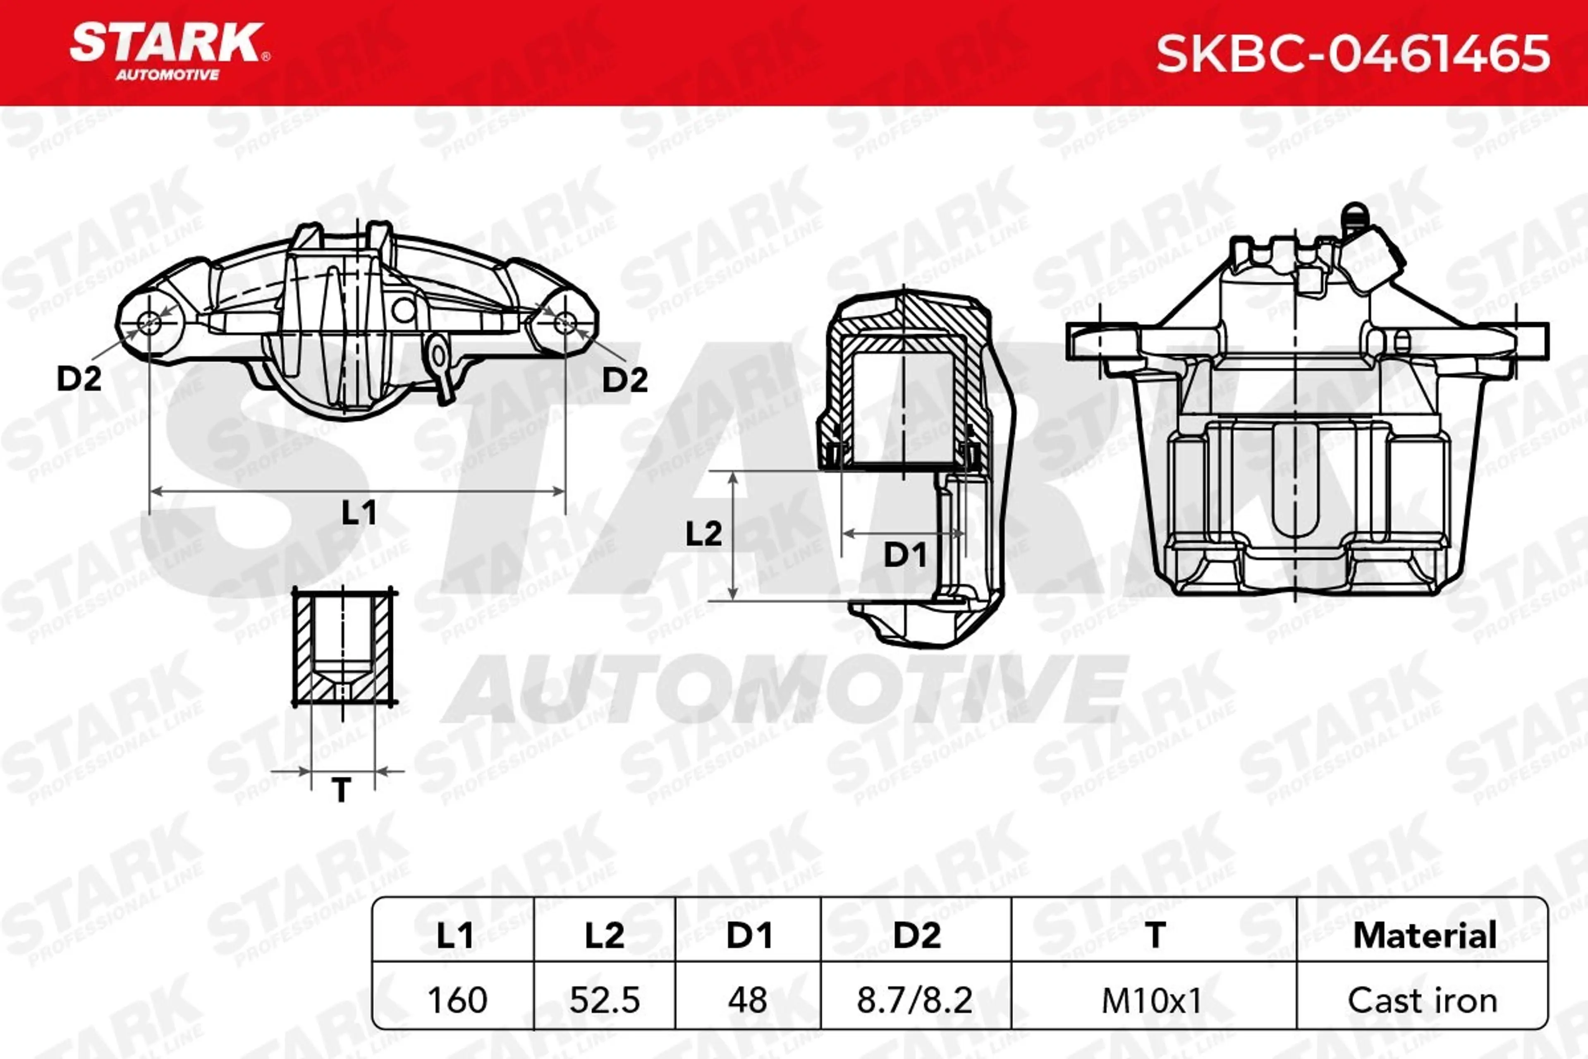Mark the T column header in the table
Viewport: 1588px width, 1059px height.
[x=1155, y=935]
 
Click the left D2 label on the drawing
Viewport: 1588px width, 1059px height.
[x=79, y=379]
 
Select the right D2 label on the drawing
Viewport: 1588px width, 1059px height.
[x=624, y=380]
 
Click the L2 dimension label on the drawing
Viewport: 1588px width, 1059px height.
[x=703, y=534]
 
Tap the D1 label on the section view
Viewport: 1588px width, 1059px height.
[x=905, y=555]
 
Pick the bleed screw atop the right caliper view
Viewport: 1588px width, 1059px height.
[x=1352, y=221]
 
